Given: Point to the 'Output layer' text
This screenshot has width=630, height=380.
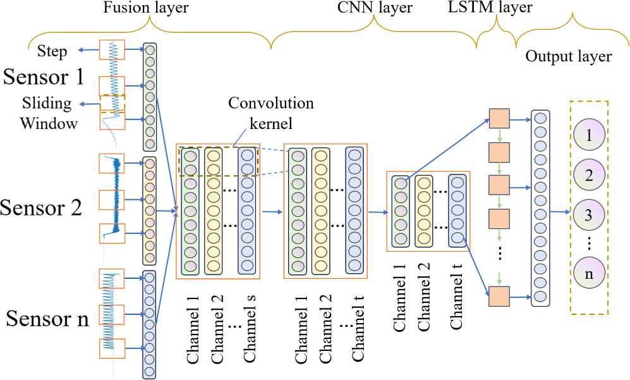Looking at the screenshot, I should coord(568,56).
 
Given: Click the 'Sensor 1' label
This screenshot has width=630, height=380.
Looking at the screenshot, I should coord(44,77).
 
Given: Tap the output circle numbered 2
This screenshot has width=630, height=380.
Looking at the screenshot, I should coord(589,175).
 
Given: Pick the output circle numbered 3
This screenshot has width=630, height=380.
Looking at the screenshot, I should coord(589,214).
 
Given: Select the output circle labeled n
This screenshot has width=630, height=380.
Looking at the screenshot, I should coord(589,274).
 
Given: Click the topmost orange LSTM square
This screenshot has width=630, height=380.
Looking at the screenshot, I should coord(499,118).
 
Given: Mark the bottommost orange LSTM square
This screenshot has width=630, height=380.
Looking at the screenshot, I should coord(499,295).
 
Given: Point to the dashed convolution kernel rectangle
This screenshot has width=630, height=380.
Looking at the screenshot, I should coord(219,161).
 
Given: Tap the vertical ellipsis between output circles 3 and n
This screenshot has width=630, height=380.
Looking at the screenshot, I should coord(589,243).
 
